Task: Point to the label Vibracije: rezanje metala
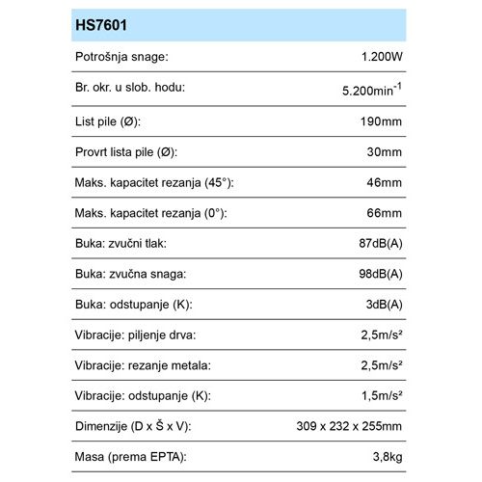coord(143,367)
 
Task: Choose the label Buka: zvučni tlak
coord(122,244)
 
